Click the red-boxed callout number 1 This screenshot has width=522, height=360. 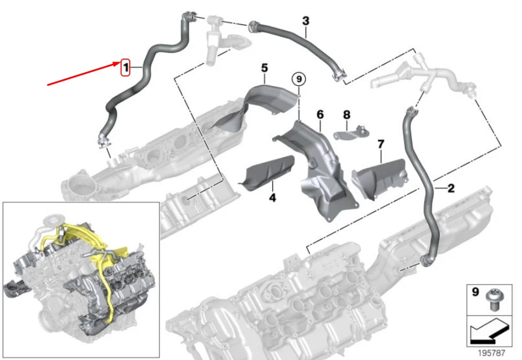click(x=125, y=68)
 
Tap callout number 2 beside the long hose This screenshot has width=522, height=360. click(x=451, y=188)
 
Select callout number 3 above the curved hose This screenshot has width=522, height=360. click(x=305, y=21)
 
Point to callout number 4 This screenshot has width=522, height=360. click(x=272, y=198)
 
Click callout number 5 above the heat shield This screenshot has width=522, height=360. click(x=264, y=68)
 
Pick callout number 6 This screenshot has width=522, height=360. click(x=319, y=115)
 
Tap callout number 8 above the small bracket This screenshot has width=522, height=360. click(x=347, y=115)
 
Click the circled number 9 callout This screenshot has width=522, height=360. click(x=298, y=79)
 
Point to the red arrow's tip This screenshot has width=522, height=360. click(x=121, y=64)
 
